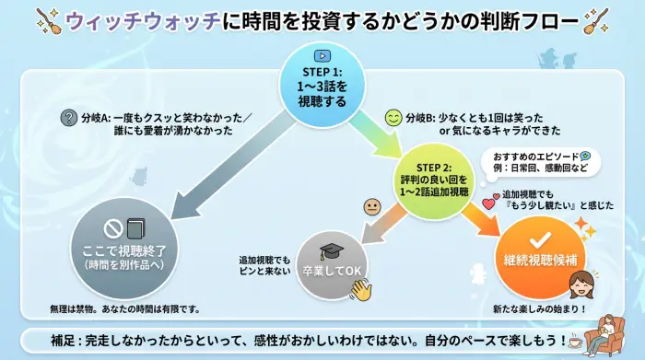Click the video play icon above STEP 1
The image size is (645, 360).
[x=322, y=55]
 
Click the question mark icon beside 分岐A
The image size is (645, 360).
[x=68, y=117]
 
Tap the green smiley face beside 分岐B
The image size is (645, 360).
[x=393, y=118]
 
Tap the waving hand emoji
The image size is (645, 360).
[x=360, y=288]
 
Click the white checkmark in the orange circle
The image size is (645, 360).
[x=540, y=236]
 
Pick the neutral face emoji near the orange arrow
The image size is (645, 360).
[x=372, y=206]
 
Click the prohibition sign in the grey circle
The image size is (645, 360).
[x=112, y=226]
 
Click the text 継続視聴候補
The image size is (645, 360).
[x=540, y=261]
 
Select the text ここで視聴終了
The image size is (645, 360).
[x=123, y=250]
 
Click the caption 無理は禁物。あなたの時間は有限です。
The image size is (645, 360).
[x=124, y=308]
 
